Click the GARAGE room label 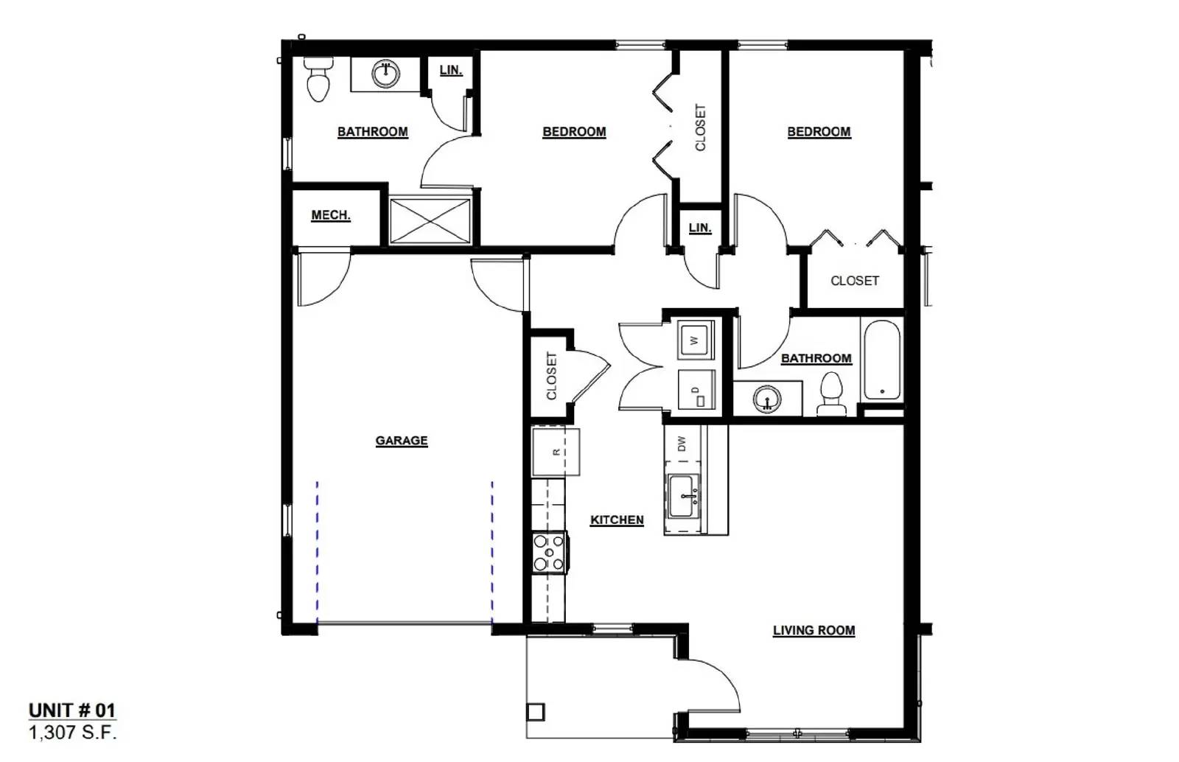point(401,441)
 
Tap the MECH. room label point(330,215)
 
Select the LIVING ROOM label point(814,631)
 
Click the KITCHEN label point(617,520)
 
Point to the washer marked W point(695,340)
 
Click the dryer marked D point(696,390)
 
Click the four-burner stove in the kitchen point(549,552)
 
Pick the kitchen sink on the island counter point(683,496)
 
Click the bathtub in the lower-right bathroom point(881,359)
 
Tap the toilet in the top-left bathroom point(318,79)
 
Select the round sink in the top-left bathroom point(385,73)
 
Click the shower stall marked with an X point(430,220)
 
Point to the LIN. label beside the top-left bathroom point(450,70)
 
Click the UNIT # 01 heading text point(71,710)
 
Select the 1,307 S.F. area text point(72,733)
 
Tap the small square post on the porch point(536,712)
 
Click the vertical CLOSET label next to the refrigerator point(551,376)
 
